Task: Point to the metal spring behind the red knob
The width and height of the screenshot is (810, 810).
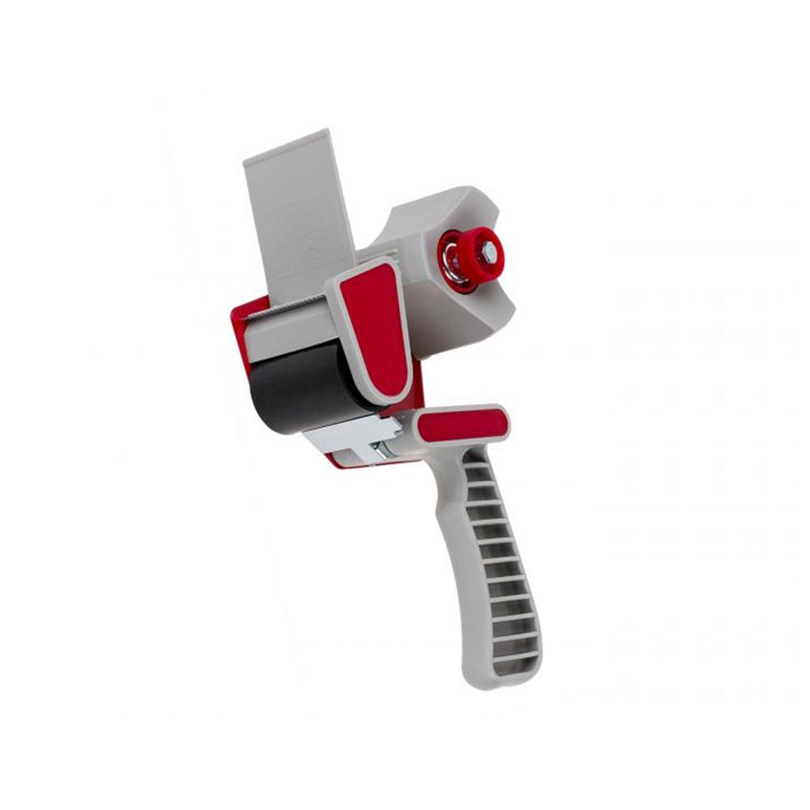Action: (x=454, y=267)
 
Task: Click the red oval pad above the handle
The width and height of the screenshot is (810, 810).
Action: (x=464, y=424)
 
